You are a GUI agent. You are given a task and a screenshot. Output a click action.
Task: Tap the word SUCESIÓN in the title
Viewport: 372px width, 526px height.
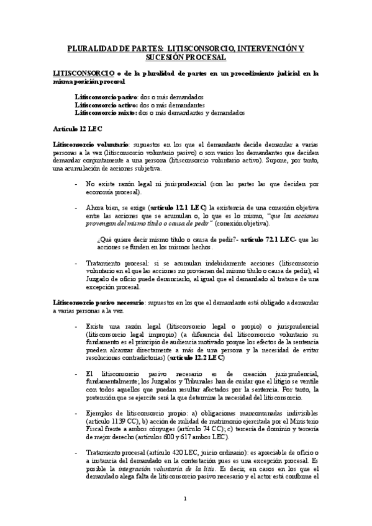click(x=167, y=56)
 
